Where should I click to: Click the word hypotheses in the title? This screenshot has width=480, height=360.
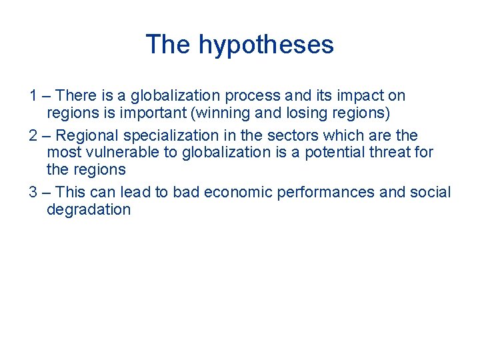pyautogui.click(x=266, y=45)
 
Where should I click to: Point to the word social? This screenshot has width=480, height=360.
pyautogui.click(x=431, y=193)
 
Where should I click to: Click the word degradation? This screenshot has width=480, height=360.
pyautogui.click(x=89, y=209)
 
